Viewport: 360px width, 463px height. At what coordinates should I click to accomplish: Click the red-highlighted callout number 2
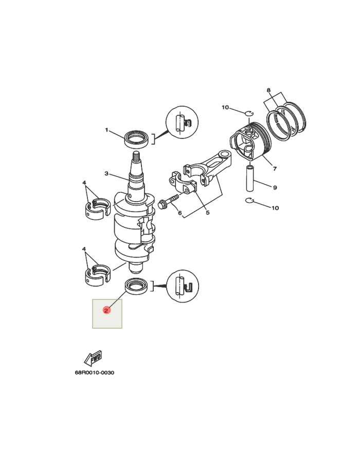(106, 310)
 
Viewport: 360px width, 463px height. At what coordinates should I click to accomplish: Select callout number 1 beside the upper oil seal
(107, 130)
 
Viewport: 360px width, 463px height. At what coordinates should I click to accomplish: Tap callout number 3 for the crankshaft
(107, 174)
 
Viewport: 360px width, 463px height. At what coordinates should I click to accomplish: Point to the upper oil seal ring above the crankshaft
(137, 138)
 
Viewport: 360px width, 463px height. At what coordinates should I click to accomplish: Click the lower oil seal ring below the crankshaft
(138, 286)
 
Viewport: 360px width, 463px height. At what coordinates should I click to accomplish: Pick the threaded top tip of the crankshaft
(137, 155)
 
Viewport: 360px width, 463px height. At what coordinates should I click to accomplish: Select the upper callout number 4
(84, 183)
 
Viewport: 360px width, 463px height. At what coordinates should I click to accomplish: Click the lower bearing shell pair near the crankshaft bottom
(97, 274)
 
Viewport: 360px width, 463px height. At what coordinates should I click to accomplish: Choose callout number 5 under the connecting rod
(207, 212)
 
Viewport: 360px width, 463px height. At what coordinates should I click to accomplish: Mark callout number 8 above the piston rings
(268, 91)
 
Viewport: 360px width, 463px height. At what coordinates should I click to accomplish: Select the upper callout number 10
(225, 108)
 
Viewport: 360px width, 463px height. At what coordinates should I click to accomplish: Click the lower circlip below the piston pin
(249, 200)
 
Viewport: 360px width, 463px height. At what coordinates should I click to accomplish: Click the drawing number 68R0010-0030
(94, 373)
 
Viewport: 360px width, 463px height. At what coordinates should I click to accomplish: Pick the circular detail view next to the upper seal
(182, 123)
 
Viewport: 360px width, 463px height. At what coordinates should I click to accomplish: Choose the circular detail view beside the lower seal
(183, 286)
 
